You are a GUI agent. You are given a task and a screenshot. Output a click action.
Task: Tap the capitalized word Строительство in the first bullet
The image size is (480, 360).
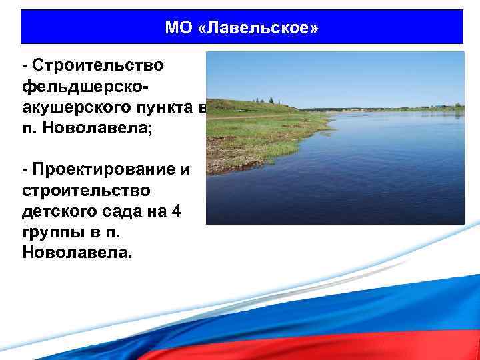point(97,66)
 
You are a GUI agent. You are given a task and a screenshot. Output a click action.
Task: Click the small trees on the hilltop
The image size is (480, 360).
point(270,101)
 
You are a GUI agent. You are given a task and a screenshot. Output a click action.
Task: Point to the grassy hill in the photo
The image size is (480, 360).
point(247,107)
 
